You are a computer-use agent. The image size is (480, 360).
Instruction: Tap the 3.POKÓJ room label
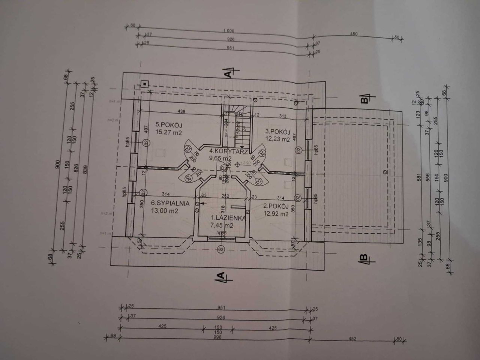(x=278, y=131)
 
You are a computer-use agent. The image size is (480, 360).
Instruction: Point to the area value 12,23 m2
(x=278, y=139)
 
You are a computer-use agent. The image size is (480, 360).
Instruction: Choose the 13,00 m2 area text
(x=164, y=211)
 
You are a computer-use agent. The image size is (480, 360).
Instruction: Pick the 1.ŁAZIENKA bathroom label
(x=228, y=217)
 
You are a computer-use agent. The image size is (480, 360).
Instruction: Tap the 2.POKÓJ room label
(x=275, y=206)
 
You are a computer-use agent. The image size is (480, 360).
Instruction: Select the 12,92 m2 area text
(x=276, y=214)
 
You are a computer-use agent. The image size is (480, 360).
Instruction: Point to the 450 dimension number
(x=353, y=34)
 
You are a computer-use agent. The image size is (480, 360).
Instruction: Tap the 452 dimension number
(x=351, y=338)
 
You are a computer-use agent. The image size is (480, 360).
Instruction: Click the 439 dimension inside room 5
(x=181, y=111)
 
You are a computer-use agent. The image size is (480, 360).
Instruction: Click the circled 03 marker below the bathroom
(x=220, y=249)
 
